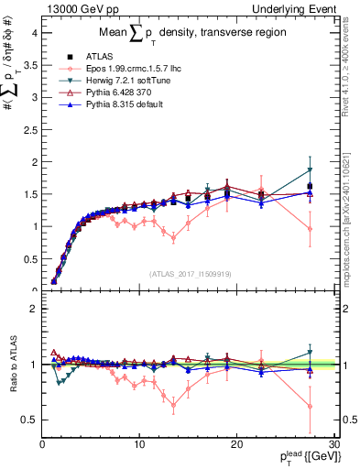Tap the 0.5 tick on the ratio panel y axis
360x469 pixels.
[x=28, y=420]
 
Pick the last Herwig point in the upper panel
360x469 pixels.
[x=310, y=170]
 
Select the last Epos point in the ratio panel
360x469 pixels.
[x=310, y=406]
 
